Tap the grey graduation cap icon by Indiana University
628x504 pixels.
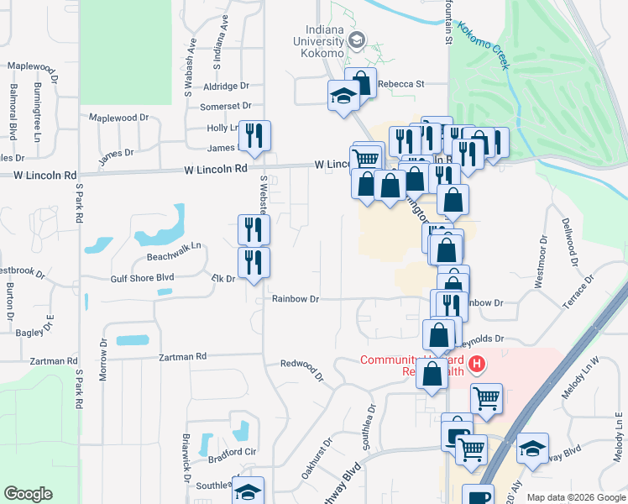[357, 40]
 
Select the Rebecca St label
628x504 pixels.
[401, 84]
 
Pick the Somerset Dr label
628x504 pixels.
[226, 107]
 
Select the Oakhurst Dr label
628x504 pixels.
[317, 459]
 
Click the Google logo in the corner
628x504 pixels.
[28, 494]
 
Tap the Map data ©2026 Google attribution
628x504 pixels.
[576, 497]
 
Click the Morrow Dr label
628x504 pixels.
[104, 360]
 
